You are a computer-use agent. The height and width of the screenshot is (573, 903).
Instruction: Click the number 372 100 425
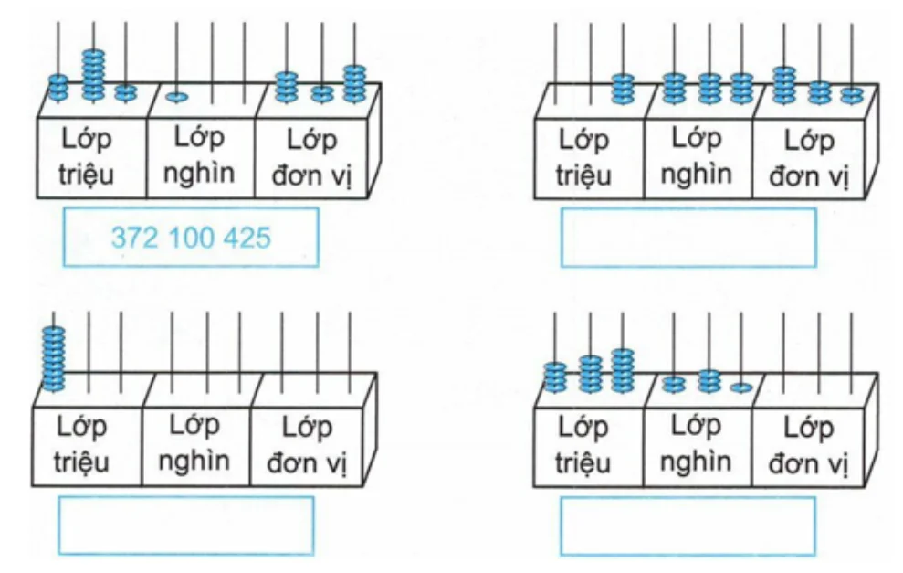(191, 238)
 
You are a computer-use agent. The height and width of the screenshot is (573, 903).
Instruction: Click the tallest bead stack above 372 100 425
(93, 76)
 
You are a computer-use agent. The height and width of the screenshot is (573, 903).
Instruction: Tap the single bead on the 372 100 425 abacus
(176, 97)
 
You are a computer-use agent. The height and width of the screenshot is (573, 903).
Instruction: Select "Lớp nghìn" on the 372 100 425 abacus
(199, 155)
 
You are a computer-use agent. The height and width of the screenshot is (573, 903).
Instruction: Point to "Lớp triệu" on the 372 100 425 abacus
(86, 157)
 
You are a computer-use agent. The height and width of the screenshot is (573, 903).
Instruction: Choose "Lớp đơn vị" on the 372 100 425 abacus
(311, 157)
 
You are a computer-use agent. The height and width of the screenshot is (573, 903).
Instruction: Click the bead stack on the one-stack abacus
(54, 358)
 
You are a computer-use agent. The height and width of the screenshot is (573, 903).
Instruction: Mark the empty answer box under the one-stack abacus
(186, 525)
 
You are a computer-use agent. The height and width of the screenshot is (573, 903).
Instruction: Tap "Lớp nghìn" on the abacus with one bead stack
(194, 443)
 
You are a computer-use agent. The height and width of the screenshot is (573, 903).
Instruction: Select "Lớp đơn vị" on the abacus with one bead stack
(307, 445)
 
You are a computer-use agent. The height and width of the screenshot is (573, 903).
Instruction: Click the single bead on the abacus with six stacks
(741, 387)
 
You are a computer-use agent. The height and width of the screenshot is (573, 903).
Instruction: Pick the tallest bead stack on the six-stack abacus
(623, 371)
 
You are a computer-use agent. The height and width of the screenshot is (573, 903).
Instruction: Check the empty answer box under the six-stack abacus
(688, 526)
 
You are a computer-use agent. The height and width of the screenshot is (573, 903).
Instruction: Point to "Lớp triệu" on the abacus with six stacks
(583, 445)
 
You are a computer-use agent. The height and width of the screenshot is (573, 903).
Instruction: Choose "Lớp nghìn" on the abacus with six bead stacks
(696, 443)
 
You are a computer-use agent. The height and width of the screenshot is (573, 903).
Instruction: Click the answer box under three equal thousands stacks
(688, 239)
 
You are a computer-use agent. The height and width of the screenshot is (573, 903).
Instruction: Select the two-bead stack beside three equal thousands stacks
(852, 95)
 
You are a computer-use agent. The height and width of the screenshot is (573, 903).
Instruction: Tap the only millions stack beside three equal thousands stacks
(623, 89)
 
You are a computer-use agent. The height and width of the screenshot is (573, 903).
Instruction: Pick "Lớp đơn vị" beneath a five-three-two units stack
(809, 158)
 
